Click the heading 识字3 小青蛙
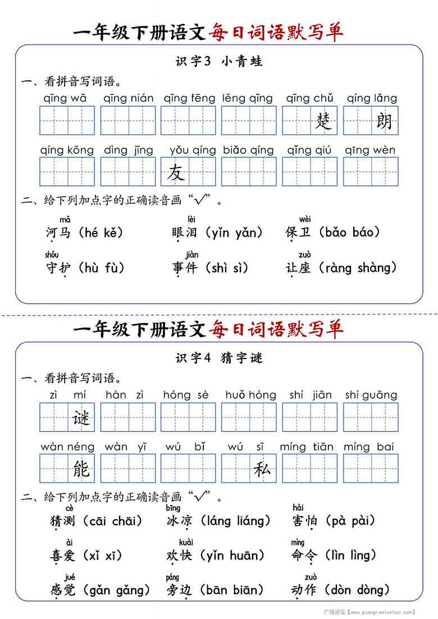[x=219, y=61]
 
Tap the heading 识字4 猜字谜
[x=219, y=358]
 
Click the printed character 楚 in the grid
[x=323, y=121]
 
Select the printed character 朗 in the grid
[x=384, y=121]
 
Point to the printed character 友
[x=175, y=172]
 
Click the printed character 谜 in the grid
[x=81, y=417]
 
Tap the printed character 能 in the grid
[x=81, y=468]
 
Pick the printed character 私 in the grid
[x=262, y=468]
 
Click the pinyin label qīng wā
[x=65, y=98]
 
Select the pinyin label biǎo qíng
[x=248, y=150]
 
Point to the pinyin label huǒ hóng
[x=250, y=395]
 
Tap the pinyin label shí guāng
[x=371, y=395]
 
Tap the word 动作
[x=304, y=590]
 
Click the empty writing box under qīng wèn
[x=371, y=172]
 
